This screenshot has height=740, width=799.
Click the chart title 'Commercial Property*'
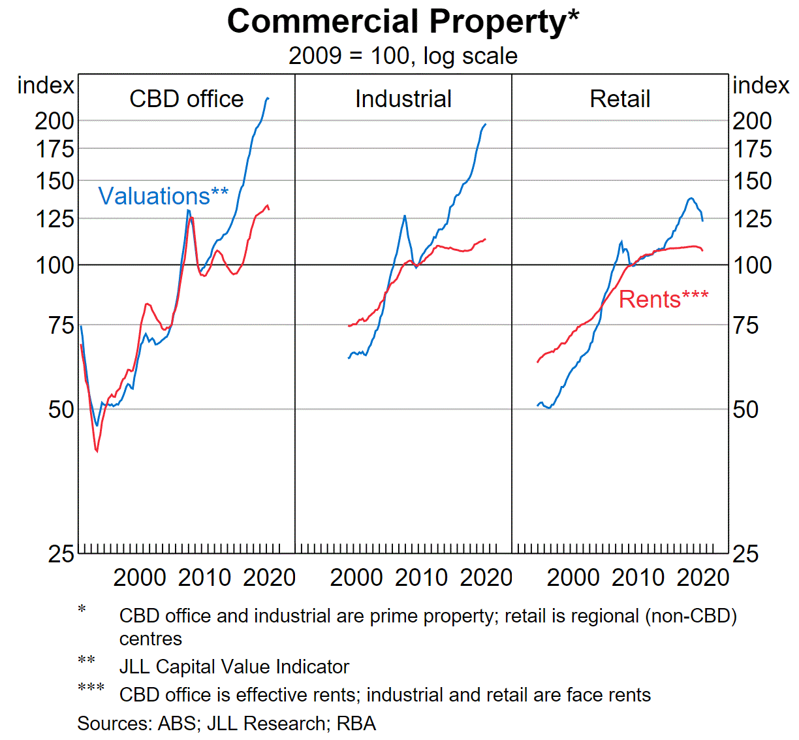403,22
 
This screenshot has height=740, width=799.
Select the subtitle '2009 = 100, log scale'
403,56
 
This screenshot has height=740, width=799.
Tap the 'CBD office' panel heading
187,99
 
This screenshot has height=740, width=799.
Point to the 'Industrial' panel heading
403,99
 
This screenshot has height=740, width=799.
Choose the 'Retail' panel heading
619,99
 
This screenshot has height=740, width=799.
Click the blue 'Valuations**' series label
163,196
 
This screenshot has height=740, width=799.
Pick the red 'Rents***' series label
663,299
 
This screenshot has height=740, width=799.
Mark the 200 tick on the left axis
55,121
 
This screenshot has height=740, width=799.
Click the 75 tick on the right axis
745,325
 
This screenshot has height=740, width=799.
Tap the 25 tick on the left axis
61,555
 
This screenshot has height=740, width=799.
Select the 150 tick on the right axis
752,181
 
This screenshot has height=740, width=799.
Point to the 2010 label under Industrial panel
421,578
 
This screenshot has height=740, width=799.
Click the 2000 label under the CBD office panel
140,578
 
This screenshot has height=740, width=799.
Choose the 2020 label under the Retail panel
703,578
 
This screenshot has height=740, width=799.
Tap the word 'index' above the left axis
46,86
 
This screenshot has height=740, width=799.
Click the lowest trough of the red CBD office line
97,451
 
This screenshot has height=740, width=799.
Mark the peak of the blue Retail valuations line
691,198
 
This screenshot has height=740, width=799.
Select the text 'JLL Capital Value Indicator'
234,667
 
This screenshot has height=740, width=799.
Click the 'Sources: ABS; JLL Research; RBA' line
227,724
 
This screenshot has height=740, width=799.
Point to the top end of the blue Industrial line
485,124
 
